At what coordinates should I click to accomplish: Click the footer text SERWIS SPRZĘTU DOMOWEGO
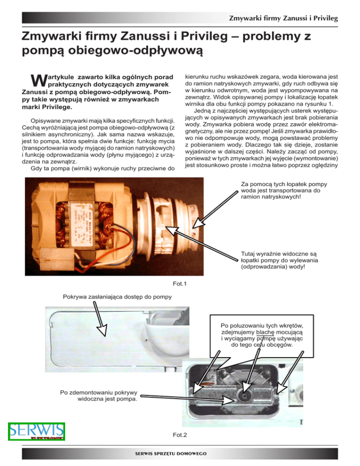[x=180, y=454]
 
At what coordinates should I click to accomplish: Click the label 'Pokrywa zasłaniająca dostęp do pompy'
[x=117, y=296]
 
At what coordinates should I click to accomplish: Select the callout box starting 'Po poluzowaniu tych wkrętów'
[x=262, y=336]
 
